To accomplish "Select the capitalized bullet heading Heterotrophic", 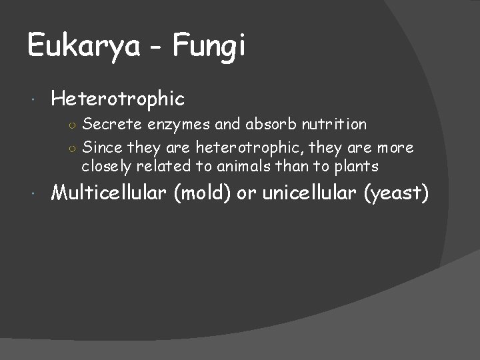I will pyautogui.click(x=117, y=99).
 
